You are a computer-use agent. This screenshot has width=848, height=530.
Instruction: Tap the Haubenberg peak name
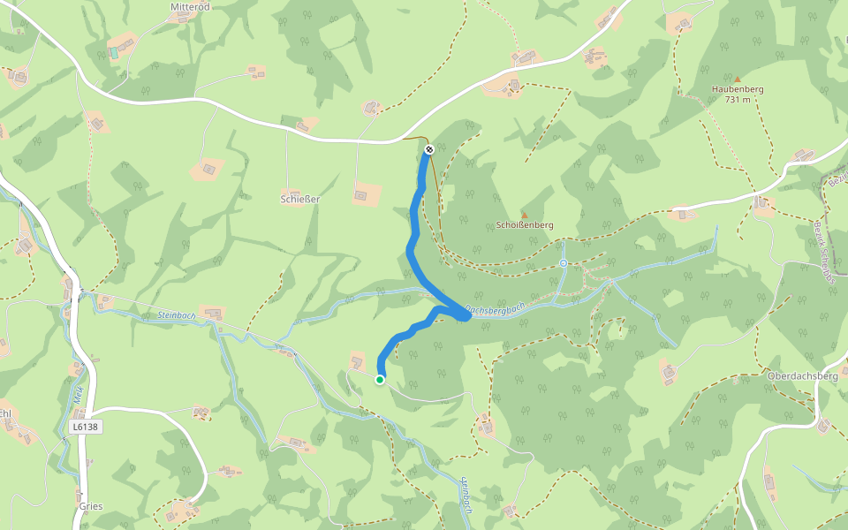coord(737,89)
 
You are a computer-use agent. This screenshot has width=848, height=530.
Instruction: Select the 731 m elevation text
coord(737,100)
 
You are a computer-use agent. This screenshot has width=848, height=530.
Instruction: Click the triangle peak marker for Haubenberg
coord(737,79)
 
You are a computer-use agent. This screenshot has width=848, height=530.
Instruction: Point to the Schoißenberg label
coord(525,225)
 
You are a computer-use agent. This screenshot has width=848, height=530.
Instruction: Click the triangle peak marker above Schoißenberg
coord(524,215)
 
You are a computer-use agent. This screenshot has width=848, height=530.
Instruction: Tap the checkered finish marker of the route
coord(429,149)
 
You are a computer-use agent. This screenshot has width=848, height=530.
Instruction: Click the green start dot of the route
coord(380,380)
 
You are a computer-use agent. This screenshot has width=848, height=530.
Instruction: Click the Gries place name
coord(90,506)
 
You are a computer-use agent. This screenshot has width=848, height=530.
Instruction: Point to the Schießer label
coord(299,199)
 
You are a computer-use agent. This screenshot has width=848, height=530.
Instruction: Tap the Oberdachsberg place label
coord(802,376)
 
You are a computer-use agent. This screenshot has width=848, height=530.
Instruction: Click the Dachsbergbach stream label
coord(496,312)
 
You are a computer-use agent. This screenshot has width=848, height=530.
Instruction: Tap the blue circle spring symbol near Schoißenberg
coord(564,263)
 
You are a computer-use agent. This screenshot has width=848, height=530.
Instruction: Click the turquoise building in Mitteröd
coord(113,53)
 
